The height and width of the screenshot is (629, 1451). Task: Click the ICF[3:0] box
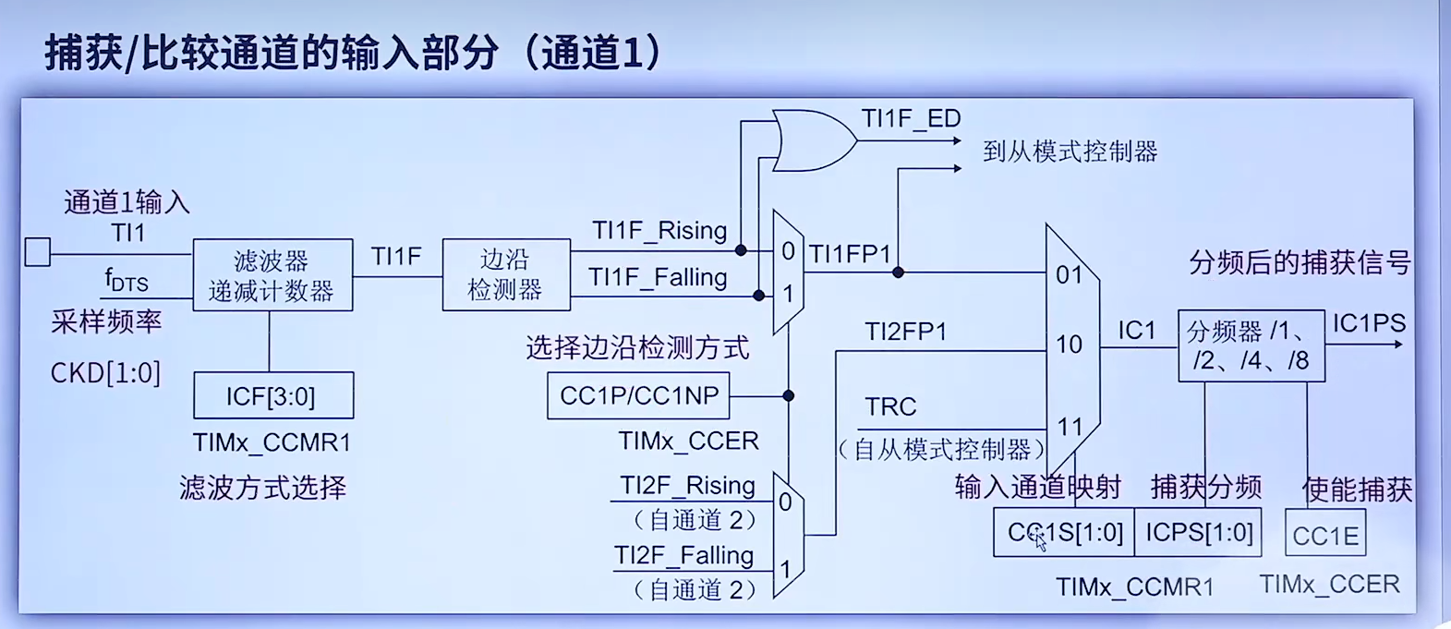coord(272,396)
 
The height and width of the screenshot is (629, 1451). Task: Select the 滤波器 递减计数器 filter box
coord(272,274)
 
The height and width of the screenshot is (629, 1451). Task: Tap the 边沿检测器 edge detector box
coord(505,274)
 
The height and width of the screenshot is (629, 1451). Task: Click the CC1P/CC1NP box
coord(638,396)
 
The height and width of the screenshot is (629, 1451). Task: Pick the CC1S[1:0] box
coord(1064,532)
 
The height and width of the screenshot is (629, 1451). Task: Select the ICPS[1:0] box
coord(1199,532)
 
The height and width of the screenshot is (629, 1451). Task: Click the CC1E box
coord(1325,536)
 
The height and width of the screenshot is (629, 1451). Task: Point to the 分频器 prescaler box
coord(1251,345)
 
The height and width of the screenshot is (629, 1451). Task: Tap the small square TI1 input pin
coord(38,252)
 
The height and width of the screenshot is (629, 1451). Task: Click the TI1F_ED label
coord(911,119)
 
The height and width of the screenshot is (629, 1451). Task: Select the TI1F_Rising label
coord(659,230)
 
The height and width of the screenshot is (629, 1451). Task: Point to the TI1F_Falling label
coord(658,277)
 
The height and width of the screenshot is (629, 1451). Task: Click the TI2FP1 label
coord(905,332)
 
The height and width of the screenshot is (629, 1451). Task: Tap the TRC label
coord(890,406)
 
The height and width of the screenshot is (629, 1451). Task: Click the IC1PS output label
coord(1368,323)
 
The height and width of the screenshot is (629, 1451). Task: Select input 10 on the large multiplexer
coord(1069,345)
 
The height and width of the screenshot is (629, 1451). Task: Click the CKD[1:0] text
coord(105,373)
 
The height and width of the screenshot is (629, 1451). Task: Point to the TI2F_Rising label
coord(687,485)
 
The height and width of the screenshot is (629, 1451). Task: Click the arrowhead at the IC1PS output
coord(1398,345)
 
